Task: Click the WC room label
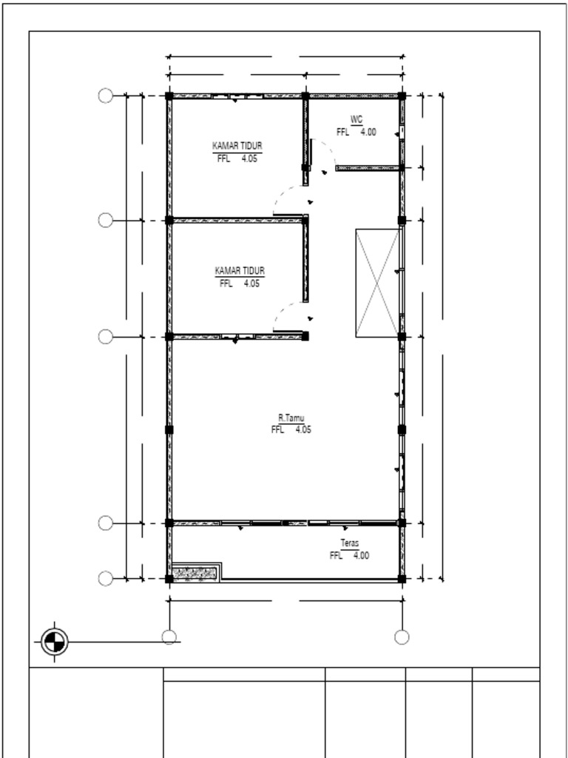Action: point(356,119)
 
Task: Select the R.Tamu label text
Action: point(291,418)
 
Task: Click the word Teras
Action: point(350,543)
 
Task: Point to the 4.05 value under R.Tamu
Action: point(303,430)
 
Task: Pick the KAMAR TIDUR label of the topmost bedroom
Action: point(237,146)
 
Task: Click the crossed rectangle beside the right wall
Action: point(377,283)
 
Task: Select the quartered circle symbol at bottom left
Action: point(54,642)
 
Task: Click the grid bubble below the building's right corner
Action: point(402,637)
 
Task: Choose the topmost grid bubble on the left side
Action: point(106,95)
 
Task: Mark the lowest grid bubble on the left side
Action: point(106,578)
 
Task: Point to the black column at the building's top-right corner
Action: point(402,95)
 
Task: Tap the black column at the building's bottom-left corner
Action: point(169,579)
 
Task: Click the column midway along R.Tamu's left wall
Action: point(169,429)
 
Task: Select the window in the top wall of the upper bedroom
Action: point(237,96)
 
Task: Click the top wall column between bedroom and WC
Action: point(305,95)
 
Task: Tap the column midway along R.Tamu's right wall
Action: point(402,429)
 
